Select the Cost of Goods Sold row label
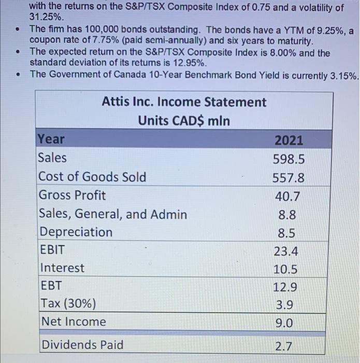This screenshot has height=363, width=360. pos(93,177)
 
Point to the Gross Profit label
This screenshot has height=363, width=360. pos(73,196)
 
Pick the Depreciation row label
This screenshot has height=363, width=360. pos(76,232)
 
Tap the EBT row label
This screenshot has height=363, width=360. pos(51,286)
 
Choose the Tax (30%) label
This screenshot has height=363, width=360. pos(68,303)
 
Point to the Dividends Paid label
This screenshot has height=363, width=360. pos(82,344)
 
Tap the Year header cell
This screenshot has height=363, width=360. pos(51,139)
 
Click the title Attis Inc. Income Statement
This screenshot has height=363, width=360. pos(184,102)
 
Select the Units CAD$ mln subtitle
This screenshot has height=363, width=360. pos(184,121)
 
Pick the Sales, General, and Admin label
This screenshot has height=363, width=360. pos(113,214)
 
